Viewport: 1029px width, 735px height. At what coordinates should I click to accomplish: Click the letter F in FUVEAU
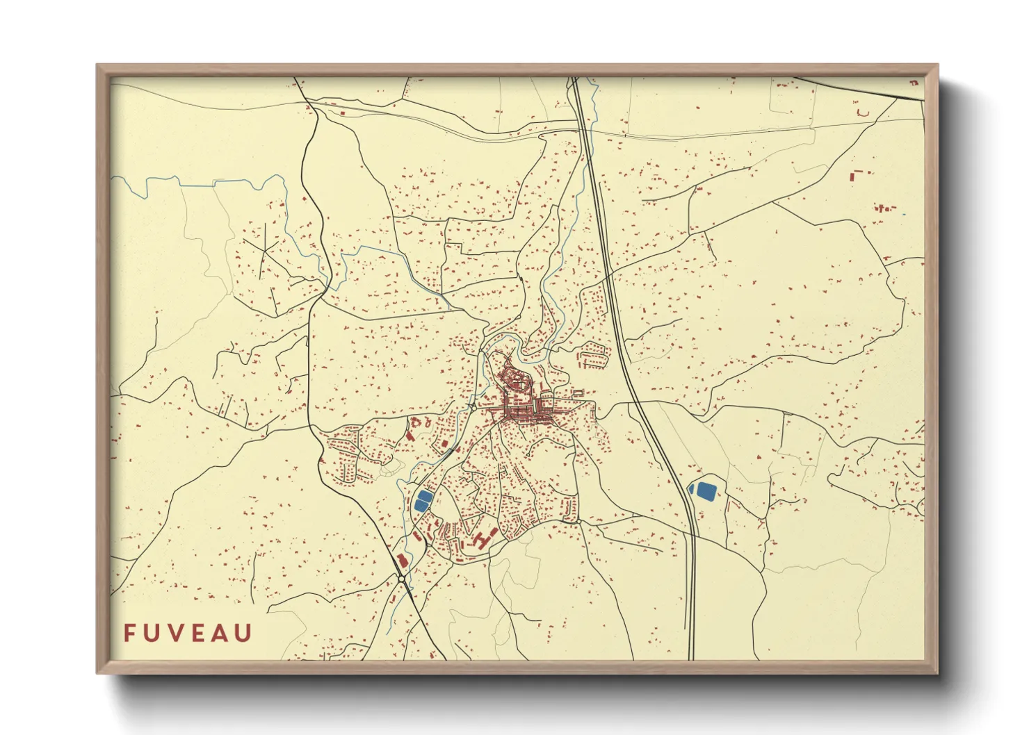(129, 633)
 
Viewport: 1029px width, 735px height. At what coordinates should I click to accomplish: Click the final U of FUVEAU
(244, 633)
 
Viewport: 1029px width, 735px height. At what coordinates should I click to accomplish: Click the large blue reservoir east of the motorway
(706, 490)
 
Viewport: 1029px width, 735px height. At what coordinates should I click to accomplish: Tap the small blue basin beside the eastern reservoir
(690, 490)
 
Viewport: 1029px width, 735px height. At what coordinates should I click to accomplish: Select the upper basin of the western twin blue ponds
(423, 496)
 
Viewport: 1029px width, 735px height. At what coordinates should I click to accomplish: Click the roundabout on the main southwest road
(401, 578)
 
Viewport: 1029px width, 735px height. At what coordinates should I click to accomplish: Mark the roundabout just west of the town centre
(471, 406)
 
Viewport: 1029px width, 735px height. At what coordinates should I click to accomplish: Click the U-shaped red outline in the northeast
(863, 112)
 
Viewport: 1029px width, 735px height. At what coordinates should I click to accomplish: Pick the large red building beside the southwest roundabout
(400, 561)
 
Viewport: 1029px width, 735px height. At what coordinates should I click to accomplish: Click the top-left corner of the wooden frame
(98, 66)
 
